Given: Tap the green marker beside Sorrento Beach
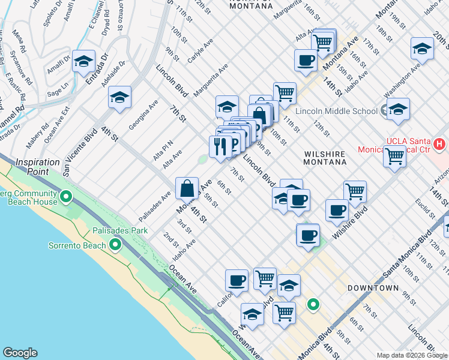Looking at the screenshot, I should (115, 245).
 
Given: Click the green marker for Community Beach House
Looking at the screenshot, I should (67, 196).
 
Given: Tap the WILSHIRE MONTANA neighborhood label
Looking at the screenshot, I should (324, 158).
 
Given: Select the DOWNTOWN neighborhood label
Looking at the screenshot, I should (373, 288).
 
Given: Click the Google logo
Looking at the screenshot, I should (20, 353).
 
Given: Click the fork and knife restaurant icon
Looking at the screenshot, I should (220, 146).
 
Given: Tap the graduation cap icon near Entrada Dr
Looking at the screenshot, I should (84, 61).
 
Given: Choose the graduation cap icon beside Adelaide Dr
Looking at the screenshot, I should (120, 98).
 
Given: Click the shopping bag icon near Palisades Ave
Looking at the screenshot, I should (187, 188).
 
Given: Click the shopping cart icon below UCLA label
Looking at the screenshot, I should (394, 157).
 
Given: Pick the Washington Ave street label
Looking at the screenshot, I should (403, 81).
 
